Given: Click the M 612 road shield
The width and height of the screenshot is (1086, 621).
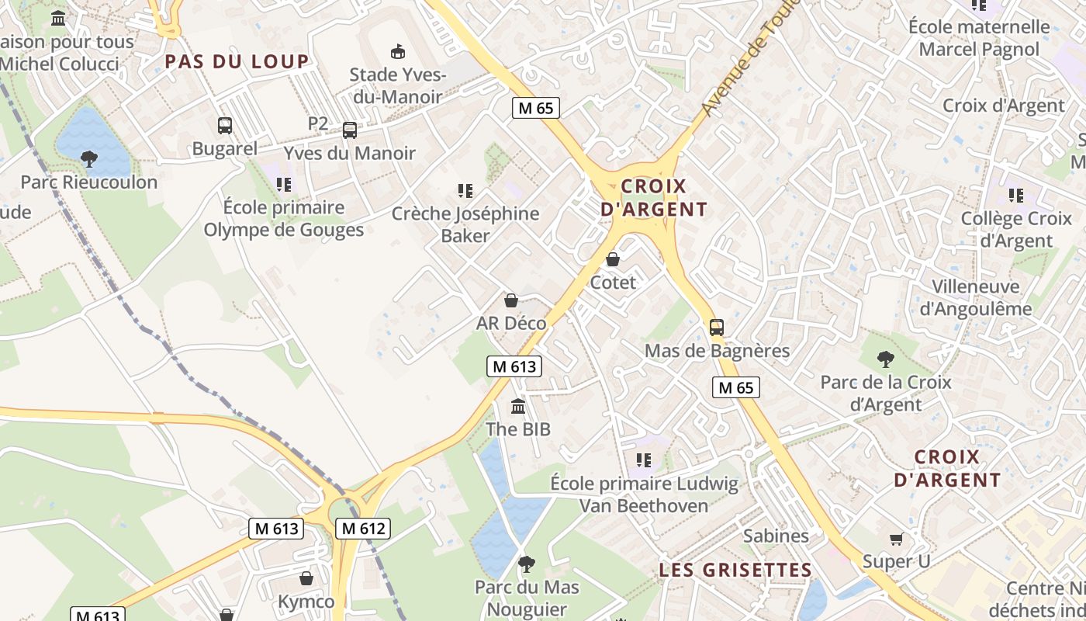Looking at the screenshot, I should (x=363, y=529).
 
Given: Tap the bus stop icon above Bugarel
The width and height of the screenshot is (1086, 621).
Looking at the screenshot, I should (x=225, y=126).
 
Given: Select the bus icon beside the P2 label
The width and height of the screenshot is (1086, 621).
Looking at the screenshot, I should (x=350, y=130).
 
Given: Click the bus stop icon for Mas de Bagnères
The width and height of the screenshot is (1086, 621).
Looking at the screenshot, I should (x=717, y=328).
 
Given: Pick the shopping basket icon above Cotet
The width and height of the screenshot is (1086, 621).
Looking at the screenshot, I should (x=613, y=259).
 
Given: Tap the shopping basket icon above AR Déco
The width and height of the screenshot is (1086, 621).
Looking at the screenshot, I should (x=511, y=300).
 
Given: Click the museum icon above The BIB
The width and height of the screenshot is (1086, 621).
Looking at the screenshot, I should (x=518, y=406).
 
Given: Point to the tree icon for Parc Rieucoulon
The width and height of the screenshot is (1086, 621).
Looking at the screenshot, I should (x=89, y=159).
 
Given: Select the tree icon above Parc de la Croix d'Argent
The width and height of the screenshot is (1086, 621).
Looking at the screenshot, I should (x=885, y=359).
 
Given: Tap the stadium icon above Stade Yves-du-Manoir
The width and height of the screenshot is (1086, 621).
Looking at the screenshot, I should (x=398, y=52).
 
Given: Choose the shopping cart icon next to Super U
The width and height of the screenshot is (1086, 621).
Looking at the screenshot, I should (x=896, y=539).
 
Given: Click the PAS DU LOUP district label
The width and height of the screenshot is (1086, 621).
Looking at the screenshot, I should (x=237, y=62).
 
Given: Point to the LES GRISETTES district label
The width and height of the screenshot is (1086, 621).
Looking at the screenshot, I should (x=735, y=570).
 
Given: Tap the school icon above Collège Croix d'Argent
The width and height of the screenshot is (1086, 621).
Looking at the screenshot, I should (x=1016, y=196).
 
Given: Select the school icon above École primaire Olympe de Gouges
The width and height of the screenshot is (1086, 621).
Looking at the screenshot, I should (x=283, y=184).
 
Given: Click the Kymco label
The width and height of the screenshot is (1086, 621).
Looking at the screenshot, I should (x=306, y=602).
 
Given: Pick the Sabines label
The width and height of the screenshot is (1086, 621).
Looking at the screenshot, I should (x=776, y=536).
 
